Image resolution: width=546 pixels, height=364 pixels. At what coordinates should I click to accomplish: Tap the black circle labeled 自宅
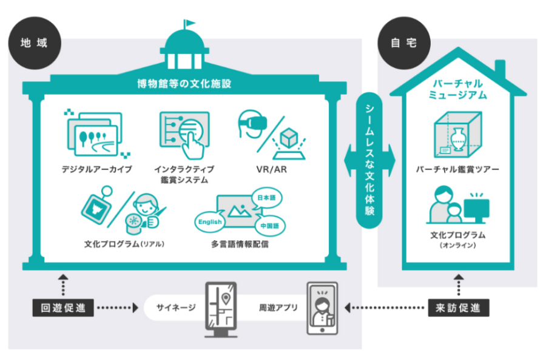pyautogui.click(x=403, y=44)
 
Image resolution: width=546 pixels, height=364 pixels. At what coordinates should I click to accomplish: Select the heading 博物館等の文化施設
pyautogui.click(x=184, y=84)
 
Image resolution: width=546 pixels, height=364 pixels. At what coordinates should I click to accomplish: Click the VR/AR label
pyautogui.click(x=271, y=169)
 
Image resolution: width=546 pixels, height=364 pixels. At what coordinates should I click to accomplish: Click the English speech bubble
pyautogui.click(x=211, y=223)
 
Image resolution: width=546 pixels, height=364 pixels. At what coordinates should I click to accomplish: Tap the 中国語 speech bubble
pyautogui.click(x=268, y=225)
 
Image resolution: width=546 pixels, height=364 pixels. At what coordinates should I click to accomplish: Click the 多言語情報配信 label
pyautogui.click(x=240, y=245)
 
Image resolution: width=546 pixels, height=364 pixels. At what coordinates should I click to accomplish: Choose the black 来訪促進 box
pyautogui.click(x=458, y=308)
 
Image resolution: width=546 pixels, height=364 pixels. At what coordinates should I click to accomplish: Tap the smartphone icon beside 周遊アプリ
pyautogui.click(x=322, y=309)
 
